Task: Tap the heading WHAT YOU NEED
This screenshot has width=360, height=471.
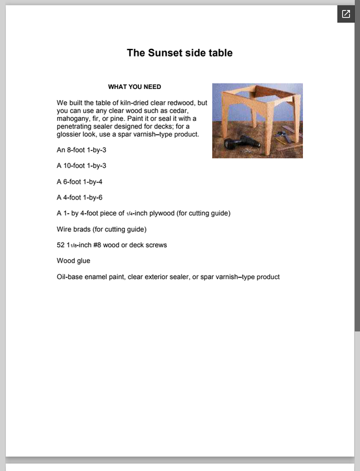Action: pyautogui.click(x=134, y=87)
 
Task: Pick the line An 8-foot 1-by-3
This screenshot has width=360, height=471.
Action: pyautogui.click(x=81, y=150)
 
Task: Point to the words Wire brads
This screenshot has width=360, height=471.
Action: pyautogui.click(x=74, y=229)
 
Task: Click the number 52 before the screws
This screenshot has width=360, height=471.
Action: pyautogui.click(x=61, y=245)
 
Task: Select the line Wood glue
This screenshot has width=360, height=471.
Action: pyautogui.click(x=74, y=261)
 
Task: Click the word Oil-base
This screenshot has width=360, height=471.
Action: pyautogui.click(x=70, y=277)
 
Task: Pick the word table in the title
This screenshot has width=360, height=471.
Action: pyautogui.click(x=222, y=53)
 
